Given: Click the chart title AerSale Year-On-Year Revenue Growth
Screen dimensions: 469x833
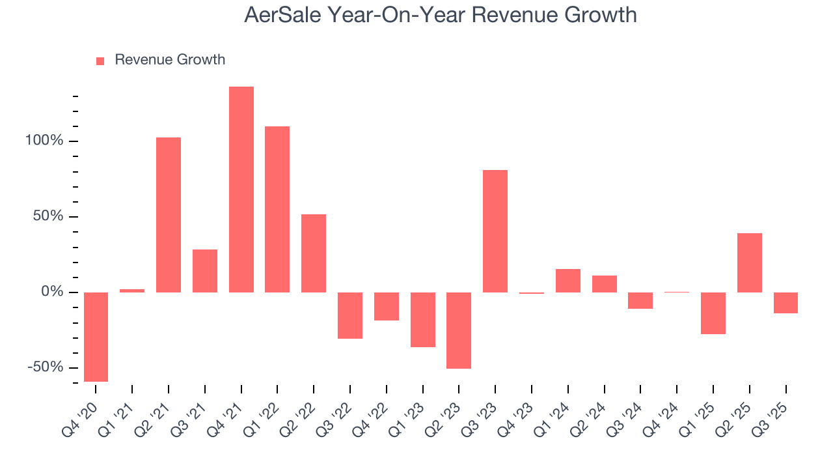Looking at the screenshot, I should [440, 15].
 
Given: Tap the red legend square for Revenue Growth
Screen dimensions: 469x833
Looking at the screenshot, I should [100, 61].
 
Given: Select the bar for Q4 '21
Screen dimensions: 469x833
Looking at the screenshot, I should [241, 189].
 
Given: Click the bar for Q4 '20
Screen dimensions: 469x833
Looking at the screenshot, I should [96, 337].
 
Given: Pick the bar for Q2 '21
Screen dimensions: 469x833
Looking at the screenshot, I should [169, 214].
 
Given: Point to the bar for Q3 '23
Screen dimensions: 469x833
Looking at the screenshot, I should [495, 231].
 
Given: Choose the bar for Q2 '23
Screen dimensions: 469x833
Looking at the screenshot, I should [459, 330].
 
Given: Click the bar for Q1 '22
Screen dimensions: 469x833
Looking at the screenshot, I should [277, 209].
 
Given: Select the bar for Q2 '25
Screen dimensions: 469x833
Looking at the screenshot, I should [750, 263].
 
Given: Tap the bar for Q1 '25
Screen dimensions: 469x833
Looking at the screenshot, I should [713, 313].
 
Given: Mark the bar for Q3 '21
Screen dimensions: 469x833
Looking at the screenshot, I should [205, 270].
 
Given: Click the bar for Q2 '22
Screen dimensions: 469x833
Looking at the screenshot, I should [314, 253].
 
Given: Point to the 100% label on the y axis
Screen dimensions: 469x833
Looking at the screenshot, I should [46, 141].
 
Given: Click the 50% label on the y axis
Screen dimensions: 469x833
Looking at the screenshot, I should [49, 216].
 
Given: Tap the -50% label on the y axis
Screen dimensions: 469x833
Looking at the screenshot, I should [46, 367].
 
